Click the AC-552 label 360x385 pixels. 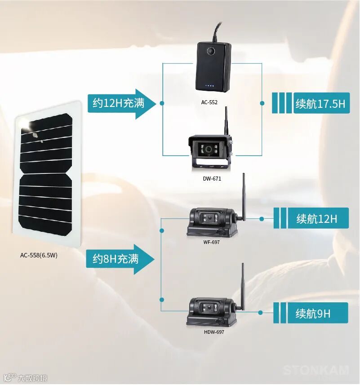point(209,102)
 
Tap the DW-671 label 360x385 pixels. point(212,178)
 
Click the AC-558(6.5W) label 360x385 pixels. point(39,255)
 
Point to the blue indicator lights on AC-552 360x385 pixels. point(210,85)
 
